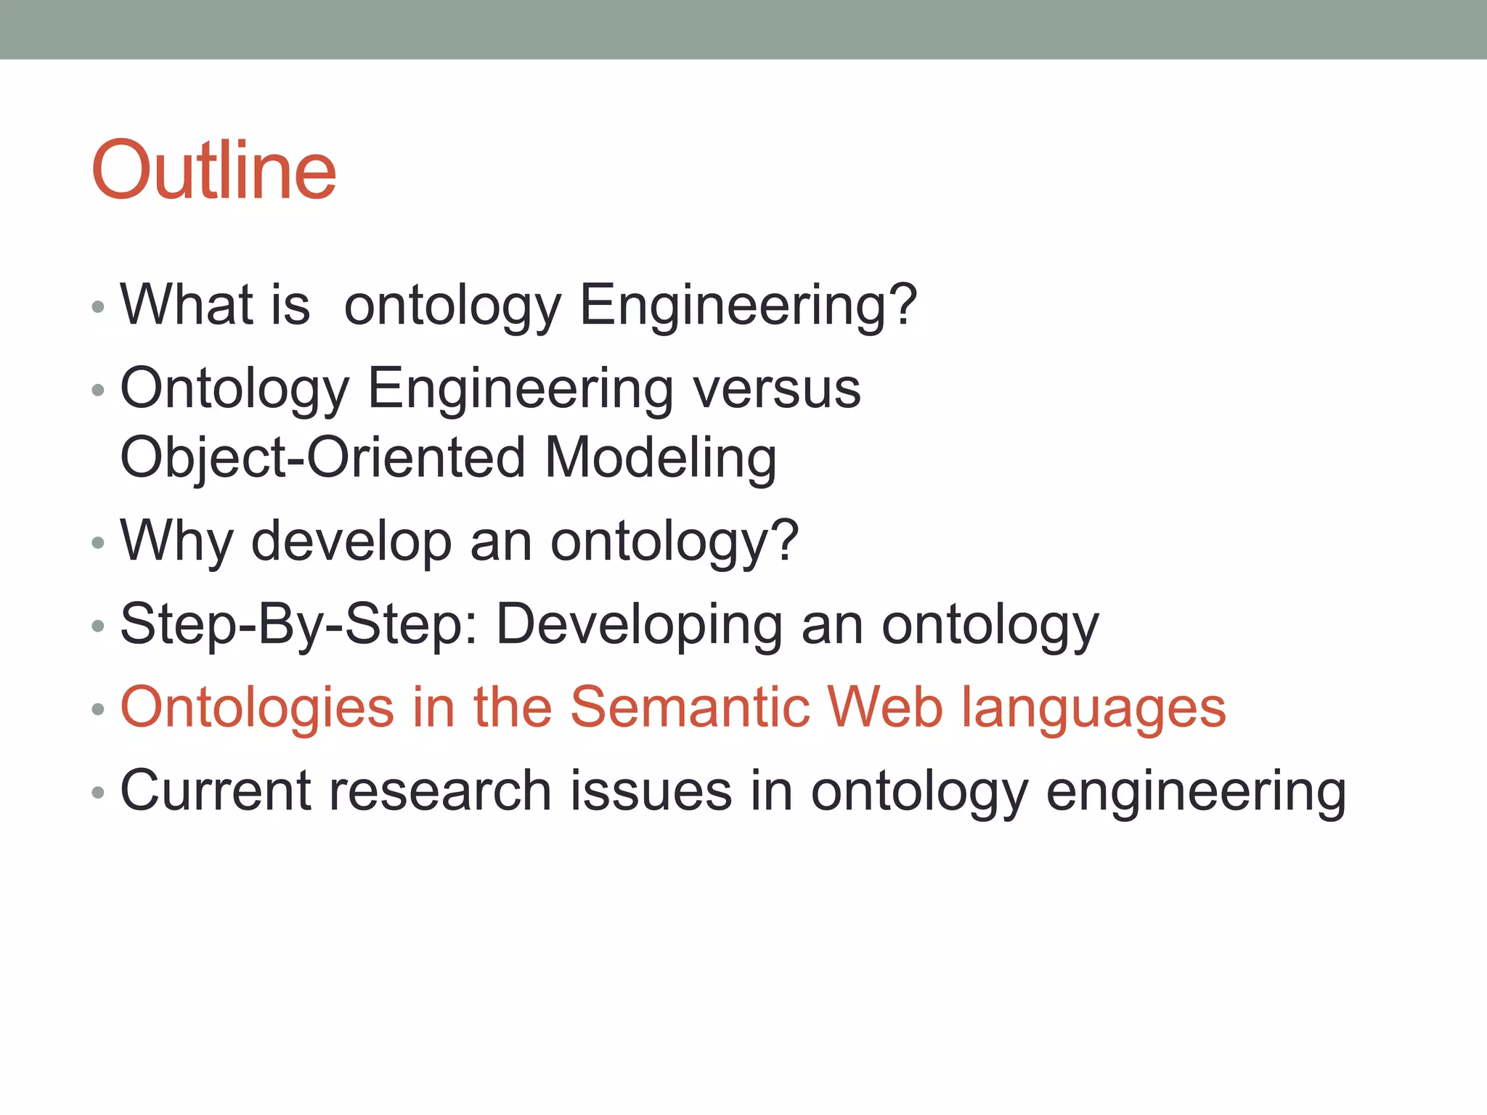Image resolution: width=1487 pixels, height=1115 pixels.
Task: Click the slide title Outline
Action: [x=213, y=171]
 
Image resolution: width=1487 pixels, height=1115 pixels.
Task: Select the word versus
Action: [x=776, y=389]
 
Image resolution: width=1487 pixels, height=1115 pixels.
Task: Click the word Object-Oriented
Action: [x=322, y=458]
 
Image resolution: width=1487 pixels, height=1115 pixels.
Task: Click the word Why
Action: [x=176, y=541]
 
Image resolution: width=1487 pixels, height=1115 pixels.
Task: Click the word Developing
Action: [x=639, y=625]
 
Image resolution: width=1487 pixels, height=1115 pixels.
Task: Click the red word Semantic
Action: [x=689, y=707]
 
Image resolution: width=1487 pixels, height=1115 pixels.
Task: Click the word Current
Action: [x=214, y=791]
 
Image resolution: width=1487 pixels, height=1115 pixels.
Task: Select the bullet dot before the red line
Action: [x=98, y=709]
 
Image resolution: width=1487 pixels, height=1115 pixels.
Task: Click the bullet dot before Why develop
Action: [x=98, y=543]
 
